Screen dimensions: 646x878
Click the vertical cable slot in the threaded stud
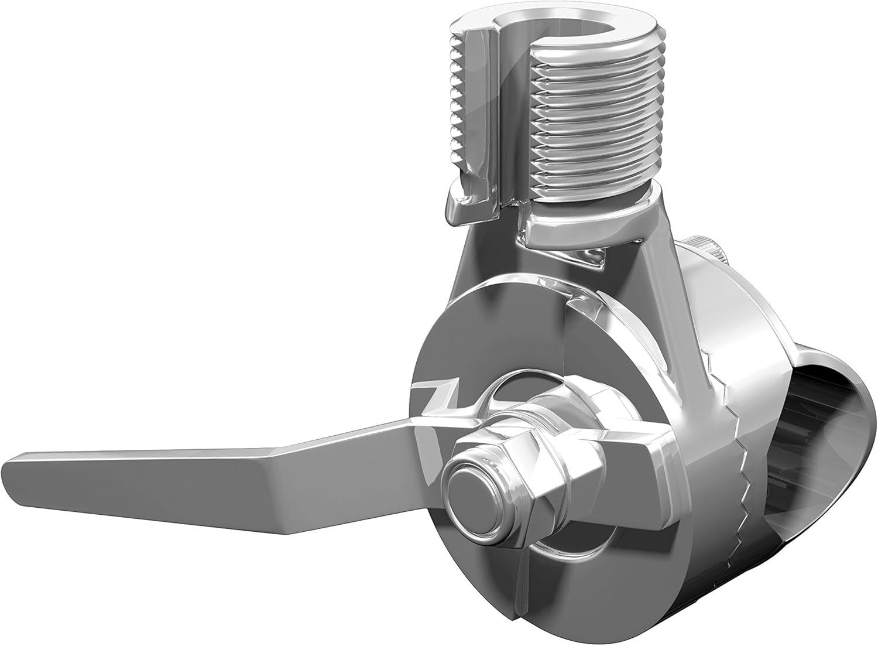point(515,117)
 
